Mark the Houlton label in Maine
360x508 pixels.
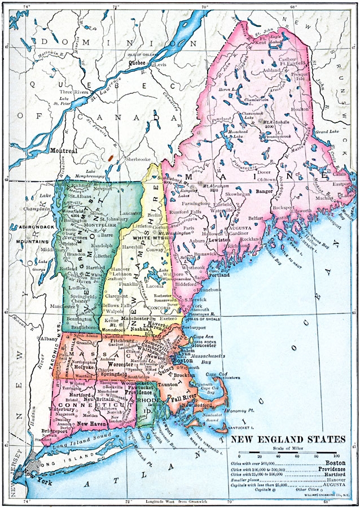[x=296, y=109]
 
